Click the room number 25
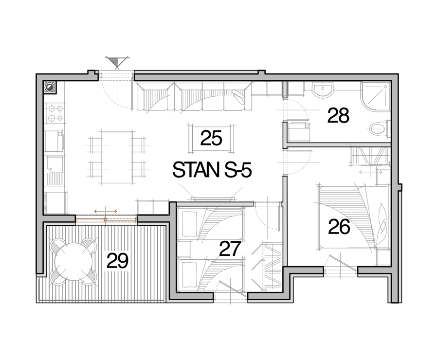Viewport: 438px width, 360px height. click(x=211, y=138)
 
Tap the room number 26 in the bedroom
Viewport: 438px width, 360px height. click(x=339, y=227)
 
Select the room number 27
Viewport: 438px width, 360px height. click(x=230, y=249)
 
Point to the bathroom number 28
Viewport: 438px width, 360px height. click(x=338, y=115)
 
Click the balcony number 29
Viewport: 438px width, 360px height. click(x=117, y=261)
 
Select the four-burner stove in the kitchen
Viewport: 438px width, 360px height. click(x=55, y=113)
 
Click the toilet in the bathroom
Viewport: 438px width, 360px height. click(x=379, y=129)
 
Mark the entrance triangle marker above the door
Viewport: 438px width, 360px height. click(x=117, y=62)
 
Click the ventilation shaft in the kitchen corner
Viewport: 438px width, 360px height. click(x=50, y=88)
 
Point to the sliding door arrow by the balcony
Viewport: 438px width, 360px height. click(x=106, y=212)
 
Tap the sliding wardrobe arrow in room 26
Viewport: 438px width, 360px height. click(x=370, y=172)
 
